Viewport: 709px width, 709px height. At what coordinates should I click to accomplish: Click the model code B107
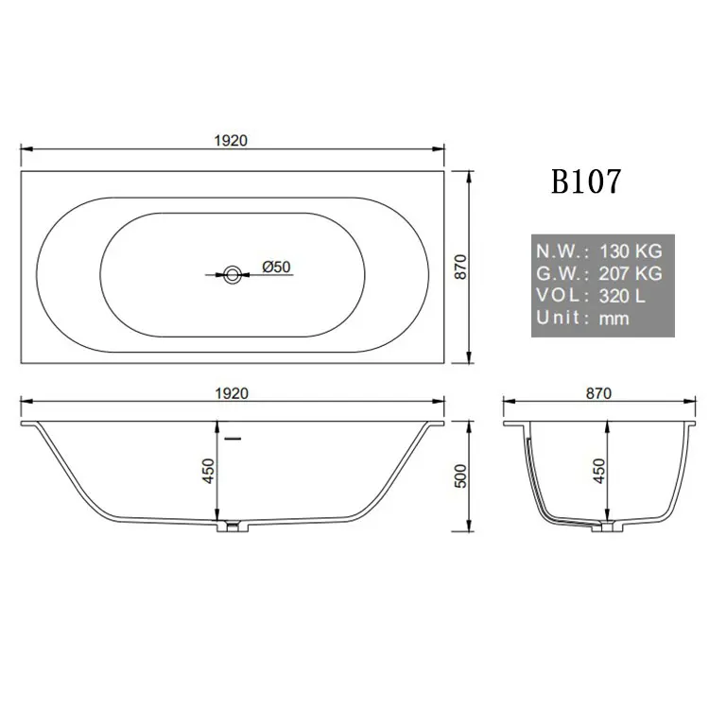(586, 180)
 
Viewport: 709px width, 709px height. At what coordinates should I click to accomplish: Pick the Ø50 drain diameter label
(276, 268)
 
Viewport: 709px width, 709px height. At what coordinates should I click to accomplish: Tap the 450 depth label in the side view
(209, 470)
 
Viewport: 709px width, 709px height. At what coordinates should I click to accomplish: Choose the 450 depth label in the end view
(598, 470)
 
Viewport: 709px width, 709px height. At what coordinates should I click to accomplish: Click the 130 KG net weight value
(631, 252)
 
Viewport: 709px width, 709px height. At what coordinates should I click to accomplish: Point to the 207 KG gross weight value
(631, 274)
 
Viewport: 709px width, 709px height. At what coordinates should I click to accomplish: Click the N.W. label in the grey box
(562, 252)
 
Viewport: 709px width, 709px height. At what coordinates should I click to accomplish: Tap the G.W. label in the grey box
(562, 274)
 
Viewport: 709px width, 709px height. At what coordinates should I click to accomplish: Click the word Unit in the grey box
(559, 318)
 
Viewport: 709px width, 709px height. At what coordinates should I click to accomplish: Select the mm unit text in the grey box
(614, 319)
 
